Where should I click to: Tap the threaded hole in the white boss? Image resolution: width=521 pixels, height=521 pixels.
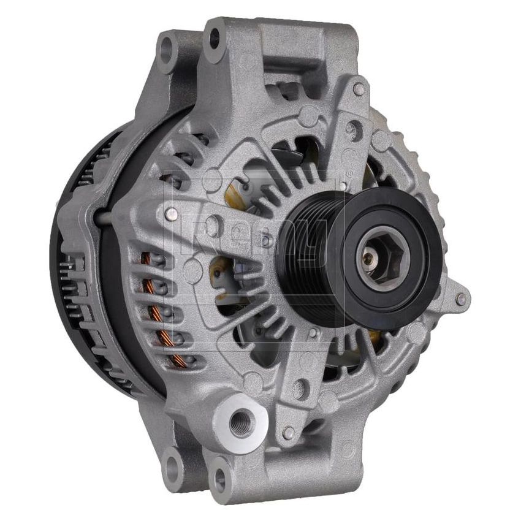click(240, 423)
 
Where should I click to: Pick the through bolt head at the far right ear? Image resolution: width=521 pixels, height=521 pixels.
click(460, 299)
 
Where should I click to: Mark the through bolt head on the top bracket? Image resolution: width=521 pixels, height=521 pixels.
click(359, 89)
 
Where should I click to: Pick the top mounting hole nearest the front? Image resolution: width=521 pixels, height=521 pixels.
click(214, 37)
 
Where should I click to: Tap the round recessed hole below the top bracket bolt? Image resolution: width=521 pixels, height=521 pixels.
click(352, 129)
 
